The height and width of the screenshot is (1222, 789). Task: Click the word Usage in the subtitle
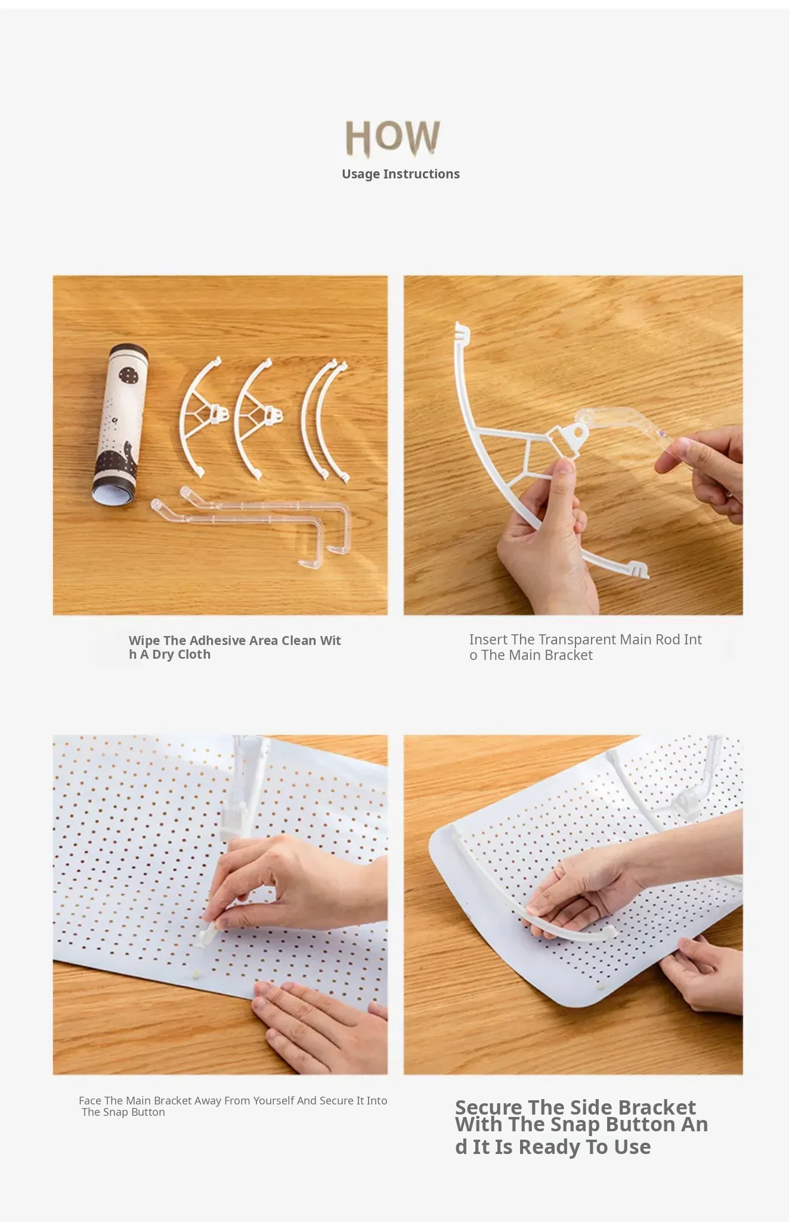coord(360,174)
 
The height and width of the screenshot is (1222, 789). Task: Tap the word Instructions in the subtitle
coord(421,174)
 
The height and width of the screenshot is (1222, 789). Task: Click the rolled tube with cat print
coord(120,424)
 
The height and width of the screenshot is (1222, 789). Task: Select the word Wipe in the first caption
coord(144,641)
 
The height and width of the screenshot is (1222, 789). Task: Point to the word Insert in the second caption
coord(488,640)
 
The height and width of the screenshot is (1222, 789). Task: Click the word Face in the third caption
coord(90,1100)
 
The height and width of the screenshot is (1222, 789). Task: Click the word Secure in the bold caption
coord(488,1107)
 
